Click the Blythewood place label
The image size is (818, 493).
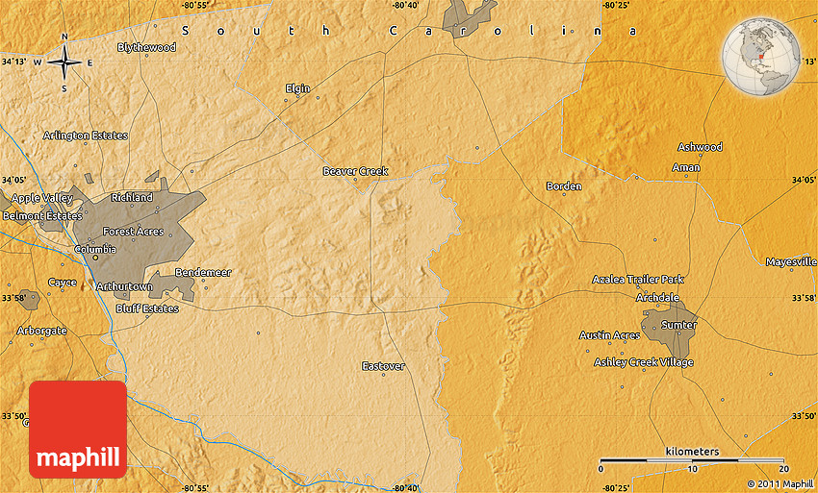(146, 47)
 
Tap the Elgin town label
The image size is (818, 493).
(297, 88)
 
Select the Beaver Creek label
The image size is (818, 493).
(355, 171)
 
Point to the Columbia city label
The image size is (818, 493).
(95, 249)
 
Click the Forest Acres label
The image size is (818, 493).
(133, 232)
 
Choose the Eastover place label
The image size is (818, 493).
(383, 366)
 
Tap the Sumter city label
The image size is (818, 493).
(678, 325)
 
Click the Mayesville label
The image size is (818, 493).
(791, 261)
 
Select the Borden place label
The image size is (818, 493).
(563, 185)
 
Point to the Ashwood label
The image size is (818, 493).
(700, 147)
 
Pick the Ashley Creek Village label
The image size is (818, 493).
(643, 362)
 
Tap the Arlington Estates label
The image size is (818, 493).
(86, 136)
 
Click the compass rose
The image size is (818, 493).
(64, 63)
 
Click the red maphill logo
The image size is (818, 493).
(78, 430)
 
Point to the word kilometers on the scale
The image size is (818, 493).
(691, 452)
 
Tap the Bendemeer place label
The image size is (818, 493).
(203, 272)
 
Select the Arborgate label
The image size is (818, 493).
(42, 330)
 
